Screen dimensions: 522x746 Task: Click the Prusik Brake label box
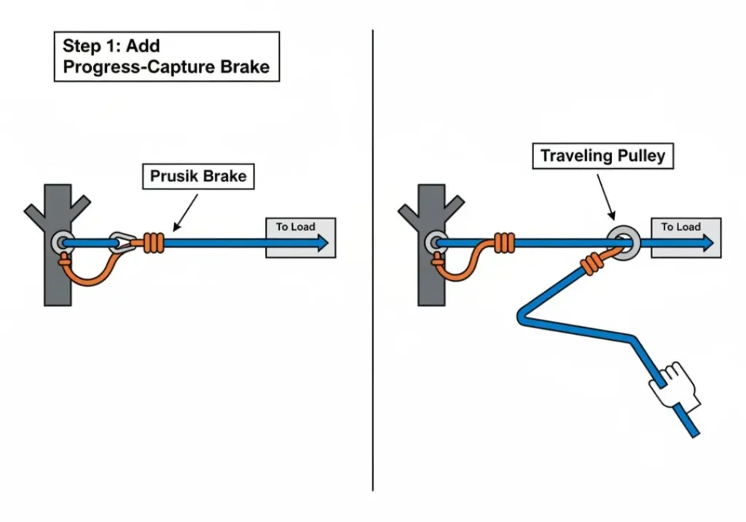[x=198, y=176]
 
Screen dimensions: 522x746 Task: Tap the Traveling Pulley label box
[x=602, y=156]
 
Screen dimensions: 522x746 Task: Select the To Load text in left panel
[x=295, y=227]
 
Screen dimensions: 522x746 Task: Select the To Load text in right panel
[x=680, y=227]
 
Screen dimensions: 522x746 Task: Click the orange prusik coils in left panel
[x=154, y=242]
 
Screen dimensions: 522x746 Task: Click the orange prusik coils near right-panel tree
[x=503, y=242]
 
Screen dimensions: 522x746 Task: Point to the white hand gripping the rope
[x=675, y=383]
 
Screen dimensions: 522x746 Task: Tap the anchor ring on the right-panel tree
[x=438, y=243]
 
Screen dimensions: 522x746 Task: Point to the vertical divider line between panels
[x=373, y=262]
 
